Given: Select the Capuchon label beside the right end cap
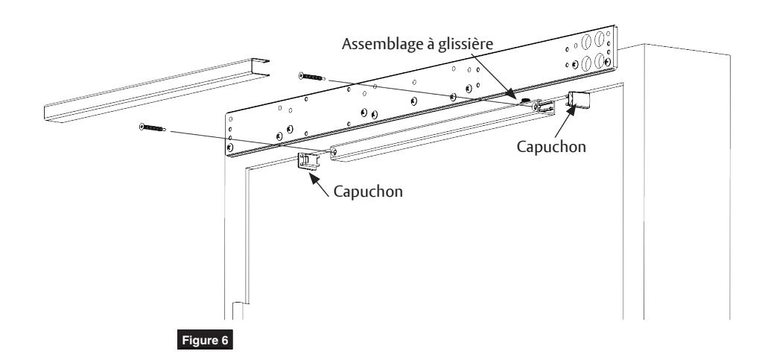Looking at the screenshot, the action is [x=551, y=147].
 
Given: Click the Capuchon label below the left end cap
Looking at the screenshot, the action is [x=368, y=192].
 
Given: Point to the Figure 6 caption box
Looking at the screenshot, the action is [x=205, y=340].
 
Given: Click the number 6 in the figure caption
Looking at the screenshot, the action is [x=224, y=340].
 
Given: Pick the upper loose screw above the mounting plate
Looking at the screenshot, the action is [x=312, y=77].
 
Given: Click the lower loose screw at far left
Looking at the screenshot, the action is [x=153, y=128].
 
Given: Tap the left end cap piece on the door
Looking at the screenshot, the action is [x=308, y=161].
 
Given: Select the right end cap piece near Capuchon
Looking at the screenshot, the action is [x=579, y=100].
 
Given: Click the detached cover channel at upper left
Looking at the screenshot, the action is [x=156, y=90].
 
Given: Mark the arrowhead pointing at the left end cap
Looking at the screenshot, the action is [x=314, y=177].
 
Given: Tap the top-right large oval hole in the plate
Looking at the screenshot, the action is [x=599, y=39].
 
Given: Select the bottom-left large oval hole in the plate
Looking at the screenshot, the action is [x=586, y=64].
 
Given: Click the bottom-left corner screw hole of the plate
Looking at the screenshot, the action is [x=230, y=147].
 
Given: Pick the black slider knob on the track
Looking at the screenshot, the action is [x=525, y=101].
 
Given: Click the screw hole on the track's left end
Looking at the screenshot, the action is [x=334, y=153].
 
